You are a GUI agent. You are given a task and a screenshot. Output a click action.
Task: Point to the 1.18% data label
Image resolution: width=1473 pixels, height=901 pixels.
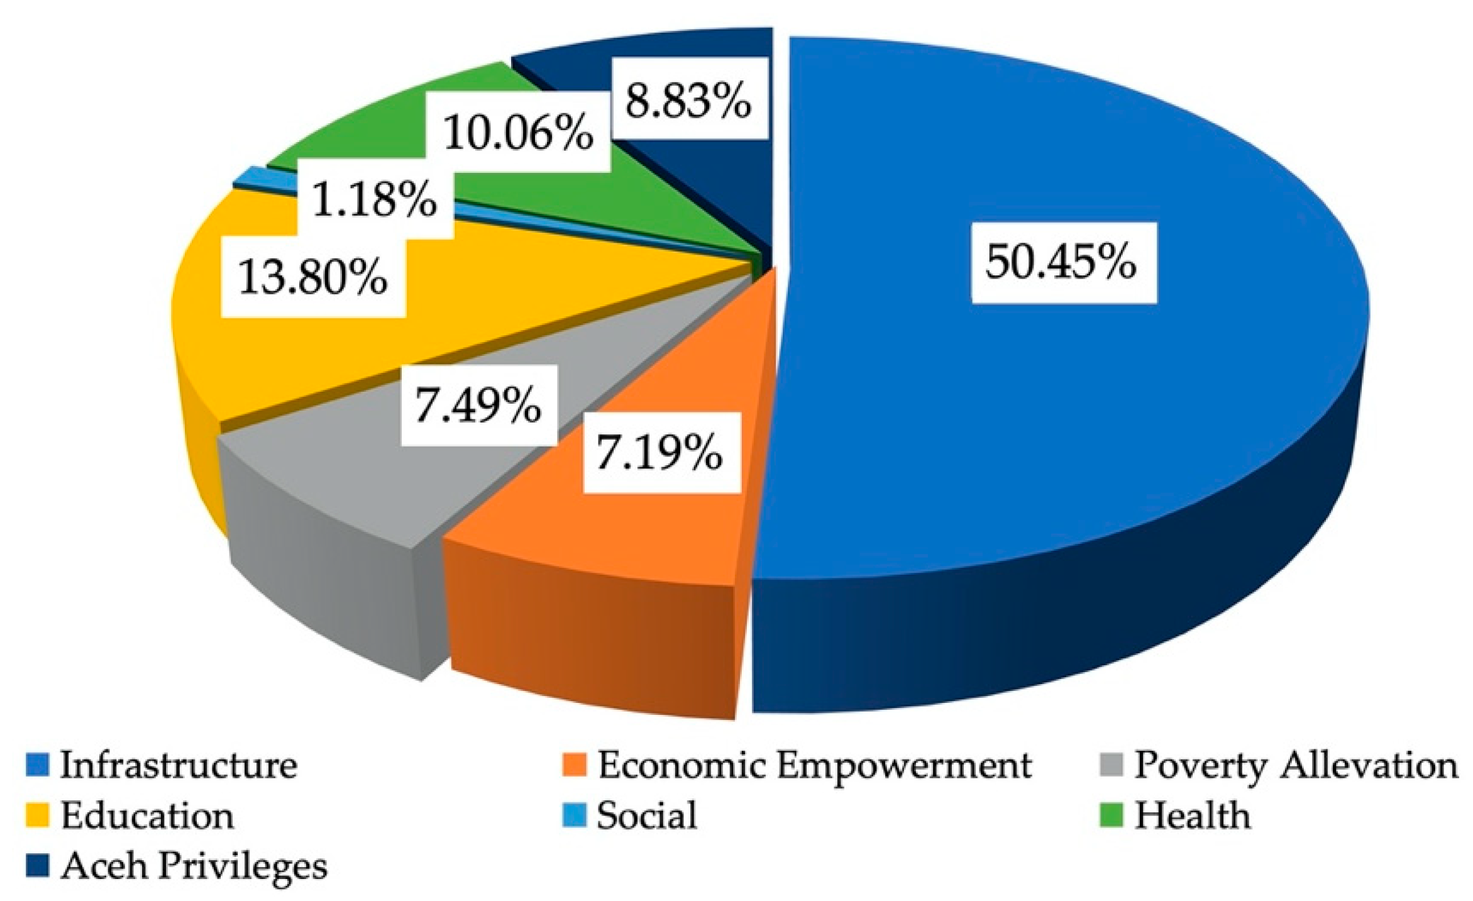tap(375, 199)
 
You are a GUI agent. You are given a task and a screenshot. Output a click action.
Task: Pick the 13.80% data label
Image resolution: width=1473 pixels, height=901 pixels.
tap(313, 277)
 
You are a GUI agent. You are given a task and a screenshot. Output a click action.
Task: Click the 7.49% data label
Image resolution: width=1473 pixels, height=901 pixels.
tap(478, 405)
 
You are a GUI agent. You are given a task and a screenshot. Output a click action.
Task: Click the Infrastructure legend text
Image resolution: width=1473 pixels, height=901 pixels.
tap(179, 765)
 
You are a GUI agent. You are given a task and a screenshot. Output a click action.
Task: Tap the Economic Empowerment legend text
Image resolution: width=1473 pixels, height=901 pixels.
tap(815, 765)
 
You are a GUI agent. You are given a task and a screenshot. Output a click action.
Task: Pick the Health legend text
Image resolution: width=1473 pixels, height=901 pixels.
tap(1193, 815)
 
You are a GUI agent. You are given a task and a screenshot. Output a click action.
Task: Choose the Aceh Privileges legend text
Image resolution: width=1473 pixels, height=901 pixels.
tap(194, 866)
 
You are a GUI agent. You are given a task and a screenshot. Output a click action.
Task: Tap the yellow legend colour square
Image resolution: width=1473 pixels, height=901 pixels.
tap(38, 815)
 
